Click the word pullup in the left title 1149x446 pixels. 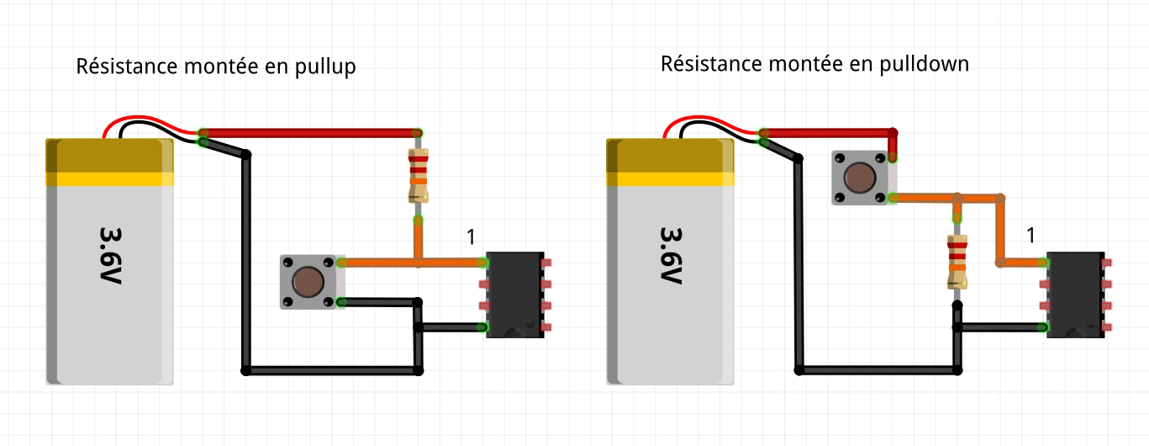(326, 68)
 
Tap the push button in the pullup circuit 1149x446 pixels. (309, 282)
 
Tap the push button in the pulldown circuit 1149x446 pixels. (859, 178)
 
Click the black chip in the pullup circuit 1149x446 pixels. (515, 295)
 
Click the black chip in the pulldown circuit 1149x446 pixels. (1073, 295)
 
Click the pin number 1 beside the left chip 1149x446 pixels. (471, 238)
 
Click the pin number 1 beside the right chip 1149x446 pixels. (1030, 236)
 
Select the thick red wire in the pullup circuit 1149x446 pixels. (311, 133)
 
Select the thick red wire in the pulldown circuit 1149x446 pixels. (828, 133)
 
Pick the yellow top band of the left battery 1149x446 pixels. (109, 178)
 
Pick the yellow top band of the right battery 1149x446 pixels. (670, 178)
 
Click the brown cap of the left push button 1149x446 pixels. (309, 282)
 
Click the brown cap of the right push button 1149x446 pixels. (859, 178)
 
